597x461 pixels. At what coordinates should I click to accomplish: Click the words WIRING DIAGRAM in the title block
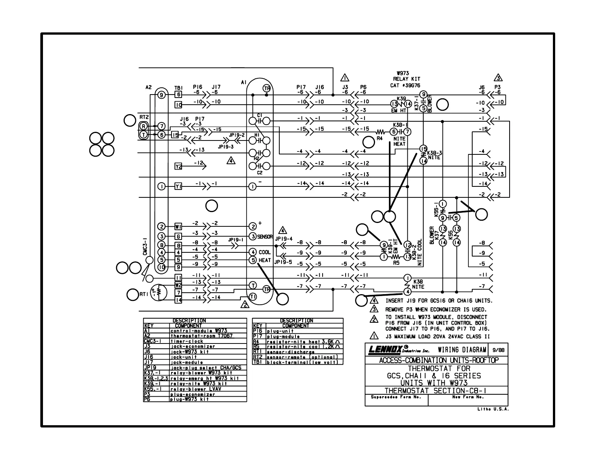(x=462, y=350)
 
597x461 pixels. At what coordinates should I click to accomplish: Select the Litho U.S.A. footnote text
(x=493, y=409)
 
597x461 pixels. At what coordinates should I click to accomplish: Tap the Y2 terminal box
(x=179, y=166)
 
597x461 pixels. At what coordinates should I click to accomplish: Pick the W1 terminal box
(x=179, y=226)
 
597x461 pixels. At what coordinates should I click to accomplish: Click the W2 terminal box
(x=179, y=285)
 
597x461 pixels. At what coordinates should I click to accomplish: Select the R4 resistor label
(x=380, y=139)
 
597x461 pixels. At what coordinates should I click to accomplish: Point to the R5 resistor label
(x=396, y=263)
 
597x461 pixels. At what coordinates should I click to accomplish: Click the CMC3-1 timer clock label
(x=145, y=247)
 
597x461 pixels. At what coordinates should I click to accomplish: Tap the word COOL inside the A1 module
(x=265, y=252)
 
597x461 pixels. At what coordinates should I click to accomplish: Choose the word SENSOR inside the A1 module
(x=265, y=237)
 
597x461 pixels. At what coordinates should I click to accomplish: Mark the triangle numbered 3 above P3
(x=498, y=78)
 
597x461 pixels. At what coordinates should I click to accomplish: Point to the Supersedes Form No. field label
(x=395, y=397)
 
